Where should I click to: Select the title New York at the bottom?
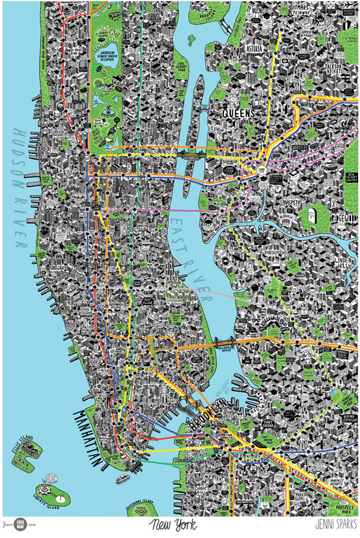click(173, 526)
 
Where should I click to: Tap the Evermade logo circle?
click(21, 523)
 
